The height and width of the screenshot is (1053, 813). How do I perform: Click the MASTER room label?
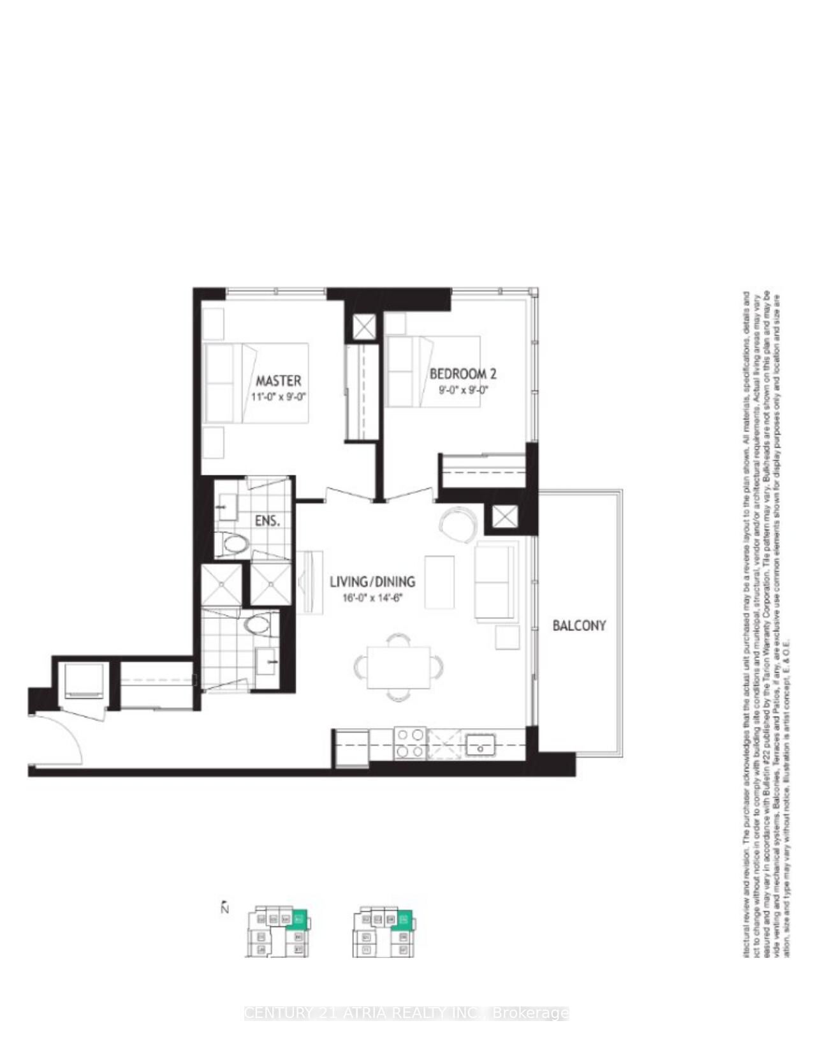click(278, 381)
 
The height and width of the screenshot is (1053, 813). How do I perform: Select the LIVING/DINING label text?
click(372, 581)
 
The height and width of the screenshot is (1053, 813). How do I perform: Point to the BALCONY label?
click(579, 625)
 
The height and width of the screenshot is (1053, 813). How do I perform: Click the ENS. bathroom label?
click(267, 521)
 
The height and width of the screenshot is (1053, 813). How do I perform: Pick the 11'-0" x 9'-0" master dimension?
click(279, 397)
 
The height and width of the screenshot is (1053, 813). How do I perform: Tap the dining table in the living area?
click(399, 668)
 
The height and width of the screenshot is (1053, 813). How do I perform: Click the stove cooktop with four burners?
click(410, 743)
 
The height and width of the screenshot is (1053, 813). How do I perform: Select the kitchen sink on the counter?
click(480, 744)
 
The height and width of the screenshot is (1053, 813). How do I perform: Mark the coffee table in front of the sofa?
click(440, 581)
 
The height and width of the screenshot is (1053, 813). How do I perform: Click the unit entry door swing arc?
click(61, 737)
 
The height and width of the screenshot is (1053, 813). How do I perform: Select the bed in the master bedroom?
click(255, 383)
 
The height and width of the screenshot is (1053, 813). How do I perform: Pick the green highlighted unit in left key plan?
click(298, 920)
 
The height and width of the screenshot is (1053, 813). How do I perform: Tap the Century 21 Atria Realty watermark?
click(406, 1013)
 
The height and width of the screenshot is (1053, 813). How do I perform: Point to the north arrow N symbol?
click(224, 907)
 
